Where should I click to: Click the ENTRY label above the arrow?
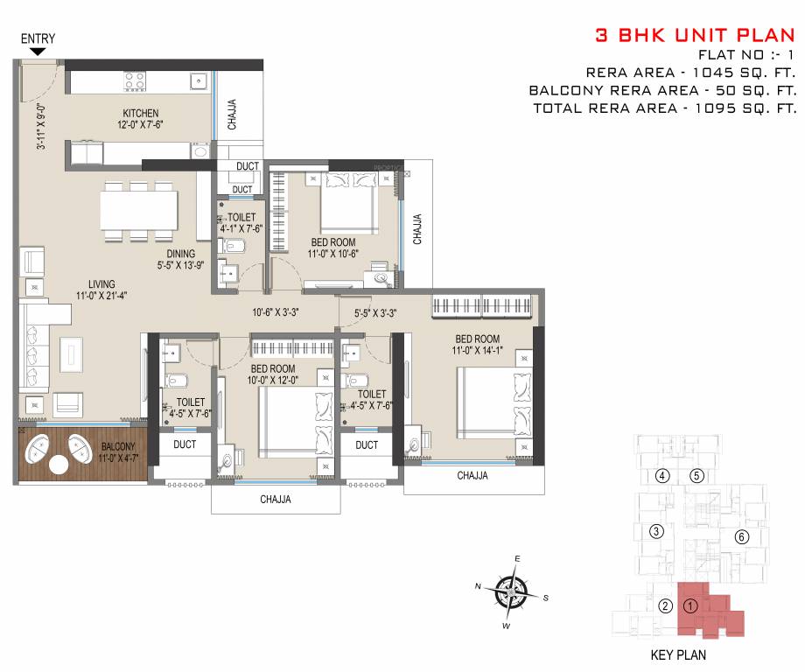pyautogui.click(x=38, y=38)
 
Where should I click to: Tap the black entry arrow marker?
pyautogui.click(x=38, y=52)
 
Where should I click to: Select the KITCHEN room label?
pyautogui.click(x=140, y=113)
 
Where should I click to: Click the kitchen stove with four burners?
pyautogui.click(x=135, y=80)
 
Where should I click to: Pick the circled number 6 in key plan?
pyautogui.click(x=740, y=537)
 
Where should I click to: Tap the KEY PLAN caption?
pyautogui.click(x=678, y=654)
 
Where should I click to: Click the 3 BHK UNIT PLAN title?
pyautogui.click(x=695, y=36)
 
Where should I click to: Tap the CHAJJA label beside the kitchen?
pyautogui.click(x=232, y=115)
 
